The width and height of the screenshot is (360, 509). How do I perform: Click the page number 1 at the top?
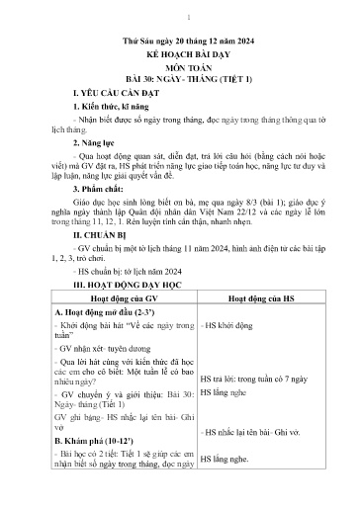(x=180, y=16)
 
